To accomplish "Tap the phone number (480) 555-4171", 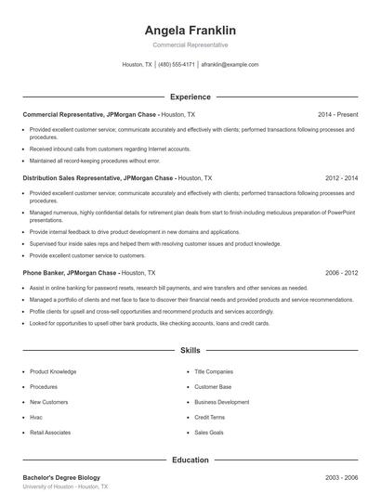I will [177, 65].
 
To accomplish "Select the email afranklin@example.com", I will [230, 65].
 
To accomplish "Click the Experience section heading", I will [190, 97].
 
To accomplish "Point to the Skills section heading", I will [190, 351].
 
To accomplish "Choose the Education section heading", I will [190, 459].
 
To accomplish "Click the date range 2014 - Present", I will [337, 114].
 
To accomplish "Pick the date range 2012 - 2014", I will [341, 176].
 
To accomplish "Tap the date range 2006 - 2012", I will [341, 274].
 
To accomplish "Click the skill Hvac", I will [37, 417].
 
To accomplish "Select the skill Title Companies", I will [214, 371].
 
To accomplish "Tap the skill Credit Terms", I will [210, 417].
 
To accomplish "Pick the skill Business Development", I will [221, 402].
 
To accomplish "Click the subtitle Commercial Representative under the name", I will [190, 45].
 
